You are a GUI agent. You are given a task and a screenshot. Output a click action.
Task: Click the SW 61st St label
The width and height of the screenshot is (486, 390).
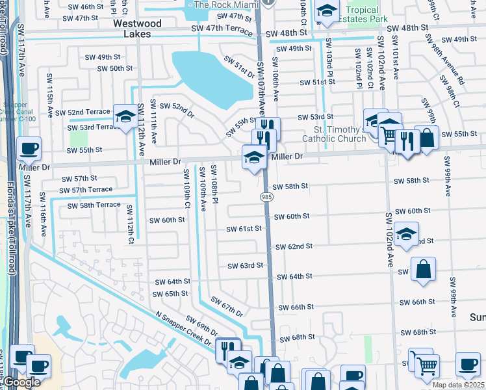(x=244, y=229)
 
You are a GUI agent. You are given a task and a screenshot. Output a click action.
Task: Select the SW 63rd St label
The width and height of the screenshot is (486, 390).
(x=245, y=266)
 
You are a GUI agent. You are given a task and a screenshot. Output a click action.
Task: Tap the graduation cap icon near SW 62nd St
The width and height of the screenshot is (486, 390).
(x=406, y=235)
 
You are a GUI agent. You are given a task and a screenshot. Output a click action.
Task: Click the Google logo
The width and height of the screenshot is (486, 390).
(x=21, y=382)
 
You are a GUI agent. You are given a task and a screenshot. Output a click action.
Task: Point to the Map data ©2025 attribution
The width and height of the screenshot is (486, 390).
(x=458, y=385)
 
